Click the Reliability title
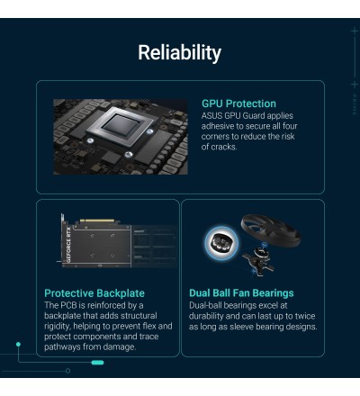[179, 53]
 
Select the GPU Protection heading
[238, 103]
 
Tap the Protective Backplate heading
[94, 293]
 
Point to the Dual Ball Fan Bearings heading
[241, 293]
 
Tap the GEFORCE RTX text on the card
[68, 245]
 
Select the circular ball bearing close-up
[221, 242]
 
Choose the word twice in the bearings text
[305, 316]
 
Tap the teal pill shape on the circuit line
[97, 363]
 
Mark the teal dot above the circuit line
[18, 344]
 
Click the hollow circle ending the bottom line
[67, 371]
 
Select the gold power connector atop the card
[97, 220]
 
